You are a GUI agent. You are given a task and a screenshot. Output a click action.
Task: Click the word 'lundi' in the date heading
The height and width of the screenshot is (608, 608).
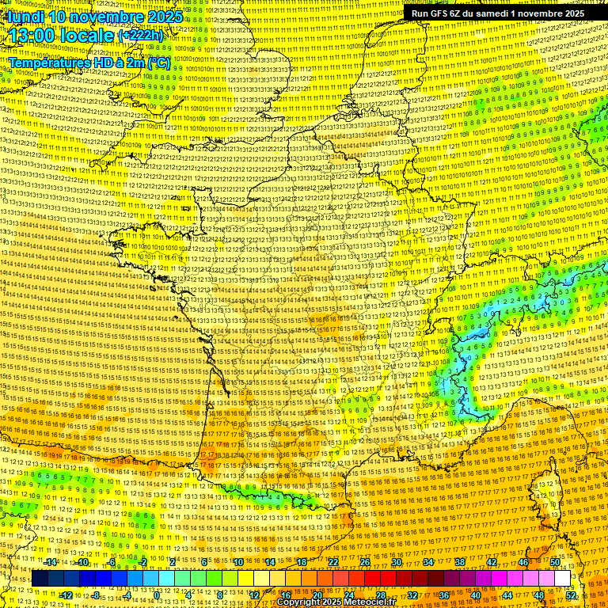coord(25,17)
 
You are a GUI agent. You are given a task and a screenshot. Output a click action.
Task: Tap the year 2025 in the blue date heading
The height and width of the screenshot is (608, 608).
coord(161,17)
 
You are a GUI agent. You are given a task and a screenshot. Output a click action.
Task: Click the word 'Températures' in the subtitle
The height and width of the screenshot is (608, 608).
coord(49,62)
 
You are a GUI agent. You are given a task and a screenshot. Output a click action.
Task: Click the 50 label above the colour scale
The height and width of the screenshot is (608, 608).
coord(554,562)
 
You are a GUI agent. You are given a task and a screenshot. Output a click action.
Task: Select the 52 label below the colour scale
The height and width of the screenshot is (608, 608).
coord(571,595)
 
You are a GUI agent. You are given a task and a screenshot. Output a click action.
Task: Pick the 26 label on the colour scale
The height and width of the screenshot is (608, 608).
coord(365,562)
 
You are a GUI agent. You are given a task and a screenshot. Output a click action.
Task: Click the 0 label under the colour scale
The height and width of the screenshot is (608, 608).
coord(158,595)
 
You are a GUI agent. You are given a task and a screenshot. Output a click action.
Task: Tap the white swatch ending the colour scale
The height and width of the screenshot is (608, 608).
coord(563,579)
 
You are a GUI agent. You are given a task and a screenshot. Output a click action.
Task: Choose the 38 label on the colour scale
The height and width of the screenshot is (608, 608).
coord(460,562)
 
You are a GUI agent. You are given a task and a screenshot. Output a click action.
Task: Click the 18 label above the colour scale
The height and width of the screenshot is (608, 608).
coord(302,562)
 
